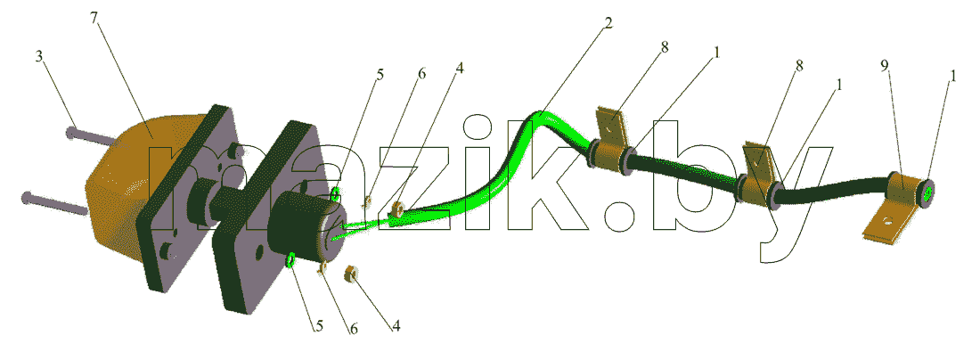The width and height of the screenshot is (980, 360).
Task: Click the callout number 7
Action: pos(94,18)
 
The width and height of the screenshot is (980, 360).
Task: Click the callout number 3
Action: pos(38,57)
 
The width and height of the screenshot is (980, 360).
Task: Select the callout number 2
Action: pos(608,24)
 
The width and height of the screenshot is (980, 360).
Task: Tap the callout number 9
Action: pos(885,67)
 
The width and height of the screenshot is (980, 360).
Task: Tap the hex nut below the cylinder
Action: pos(351,274)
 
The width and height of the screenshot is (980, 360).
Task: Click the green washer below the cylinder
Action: pos(291,259)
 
